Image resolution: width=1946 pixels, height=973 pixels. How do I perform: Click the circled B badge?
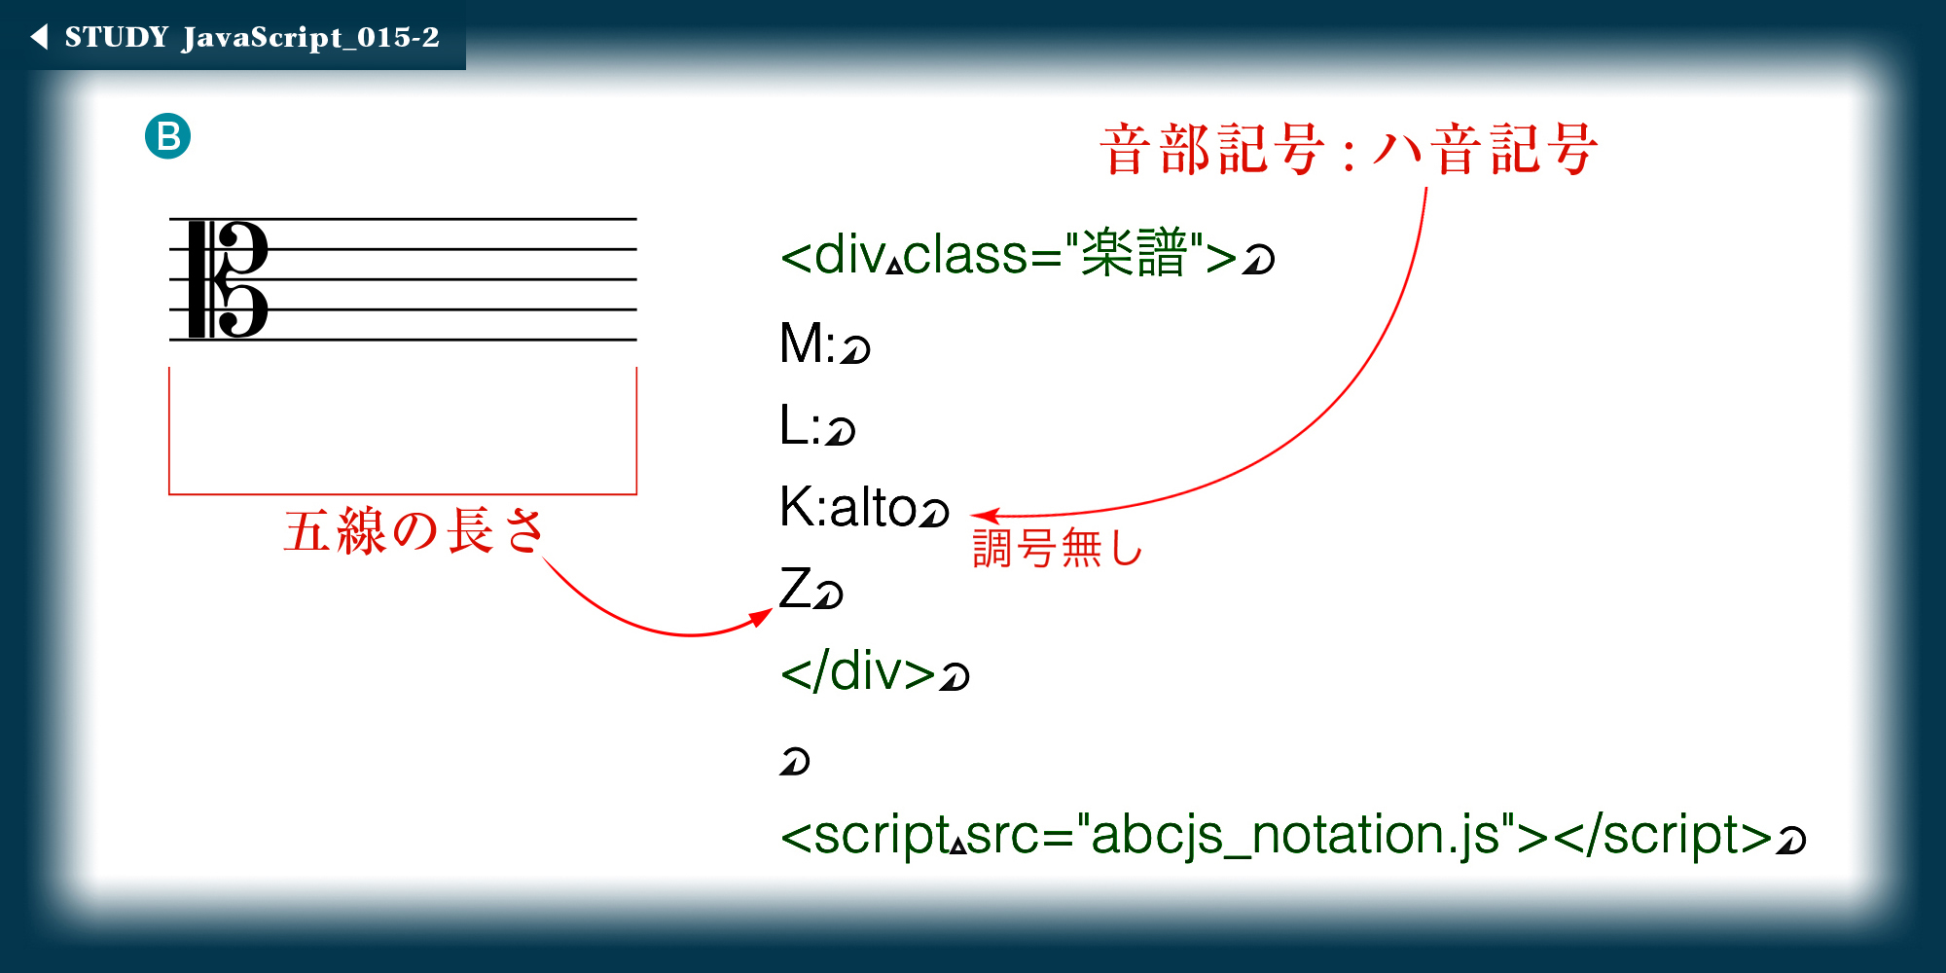[x=167, y=136]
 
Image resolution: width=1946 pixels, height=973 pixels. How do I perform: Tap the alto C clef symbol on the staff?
[x=228, y=279]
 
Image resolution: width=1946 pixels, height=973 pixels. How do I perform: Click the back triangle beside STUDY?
[x=40, y=37]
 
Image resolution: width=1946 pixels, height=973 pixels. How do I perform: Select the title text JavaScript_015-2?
[x=310, y=38]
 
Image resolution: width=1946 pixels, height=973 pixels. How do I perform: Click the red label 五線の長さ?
[x=414, y=531]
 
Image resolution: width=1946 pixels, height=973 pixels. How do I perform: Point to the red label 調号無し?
[x=1057, y=547]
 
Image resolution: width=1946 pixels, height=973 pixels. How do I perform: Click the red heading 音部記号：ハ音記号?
[x=1349, y=150]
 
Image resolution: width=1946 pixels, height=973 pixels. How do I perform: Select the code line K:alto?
[x=847, y=507]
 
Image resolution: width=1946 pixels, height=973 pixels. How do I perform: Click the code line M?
[x=807, y=343]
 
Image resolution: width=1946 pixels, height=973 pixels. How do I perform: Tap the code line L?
[x=801, y=425]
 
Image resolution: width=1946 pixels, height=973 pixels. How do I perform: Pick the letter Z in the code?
[x=795, y=589]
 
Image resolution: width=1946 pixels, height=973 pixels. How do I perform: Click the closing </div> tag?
[x=857, y=671]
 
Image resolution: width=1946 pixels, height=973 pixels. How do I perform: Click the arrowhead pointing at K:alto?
[x=985, y=516]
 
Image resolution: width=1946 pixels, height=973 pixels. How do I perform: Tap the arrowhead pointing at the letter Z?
[x=761, y=619]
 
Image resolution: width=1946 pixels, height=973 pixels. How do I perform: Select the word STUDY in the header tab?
[x=117, y=37]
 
